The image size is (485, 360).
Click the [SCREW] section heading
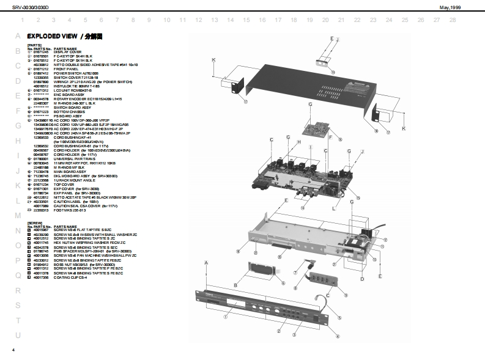[34, 223]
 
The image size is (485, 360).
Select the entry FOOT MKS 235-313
[70, 210]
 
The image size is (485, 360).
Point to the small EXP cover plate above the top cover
[324, 62]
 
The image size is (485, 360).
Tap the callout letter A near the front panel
[206, 262]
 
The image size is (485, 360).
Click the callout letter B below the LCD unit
[235, 285]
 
